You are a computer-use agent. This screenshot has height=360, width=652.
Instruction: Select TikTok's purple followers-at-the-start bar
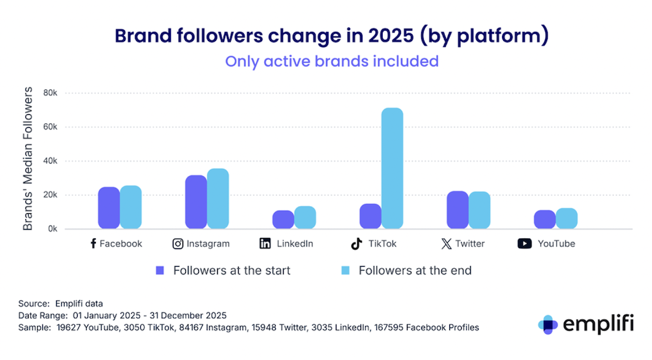click(x=370, y=217)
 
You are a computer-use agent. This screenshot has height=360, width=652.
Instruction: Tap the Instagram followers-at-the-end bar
click(x=218, y=199)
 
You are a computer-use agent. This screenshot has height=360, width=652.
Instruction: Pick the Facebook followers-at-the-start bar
click(x=109, y=208)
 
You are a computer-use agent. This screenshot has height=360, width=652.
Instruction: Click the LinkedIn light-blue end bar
click(x=305, y=218)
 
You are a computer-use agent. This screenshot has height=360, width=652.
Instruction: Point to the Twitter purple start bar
click(x=458, y=210)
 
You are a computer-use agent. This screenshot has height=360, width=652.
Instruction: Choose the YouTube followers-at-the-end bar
click(x=567, y=218)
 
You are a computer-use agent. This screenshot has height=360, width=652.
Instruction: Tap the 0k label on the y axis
click(x=52, y=229)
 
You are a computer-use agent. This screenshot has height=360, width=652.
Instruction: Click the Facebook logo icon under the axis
click(x=93, y=244)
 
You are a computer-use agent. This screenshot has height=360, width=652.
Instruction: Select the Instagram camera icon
click(x=177, y=244)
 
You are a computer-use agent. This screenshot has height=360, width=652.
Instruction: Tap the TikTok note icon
click(x=356, y=244)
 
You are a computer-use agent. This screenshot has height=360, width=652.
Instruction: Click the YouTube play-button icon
click(x=524, y=244)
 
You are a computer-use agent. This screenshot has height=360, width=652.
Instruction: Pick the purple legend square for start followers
click(x=159, y=270)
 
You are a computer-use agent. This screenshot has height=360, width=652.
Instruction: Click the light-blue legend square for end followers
click(x=345, y=270)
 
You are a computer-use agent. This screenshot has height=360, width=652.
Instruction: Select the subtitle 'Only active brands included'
click(x=332, y=61)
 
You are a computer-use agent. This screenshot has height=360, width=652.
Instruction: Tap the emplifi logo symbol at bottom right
click(x=549, y=324)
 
